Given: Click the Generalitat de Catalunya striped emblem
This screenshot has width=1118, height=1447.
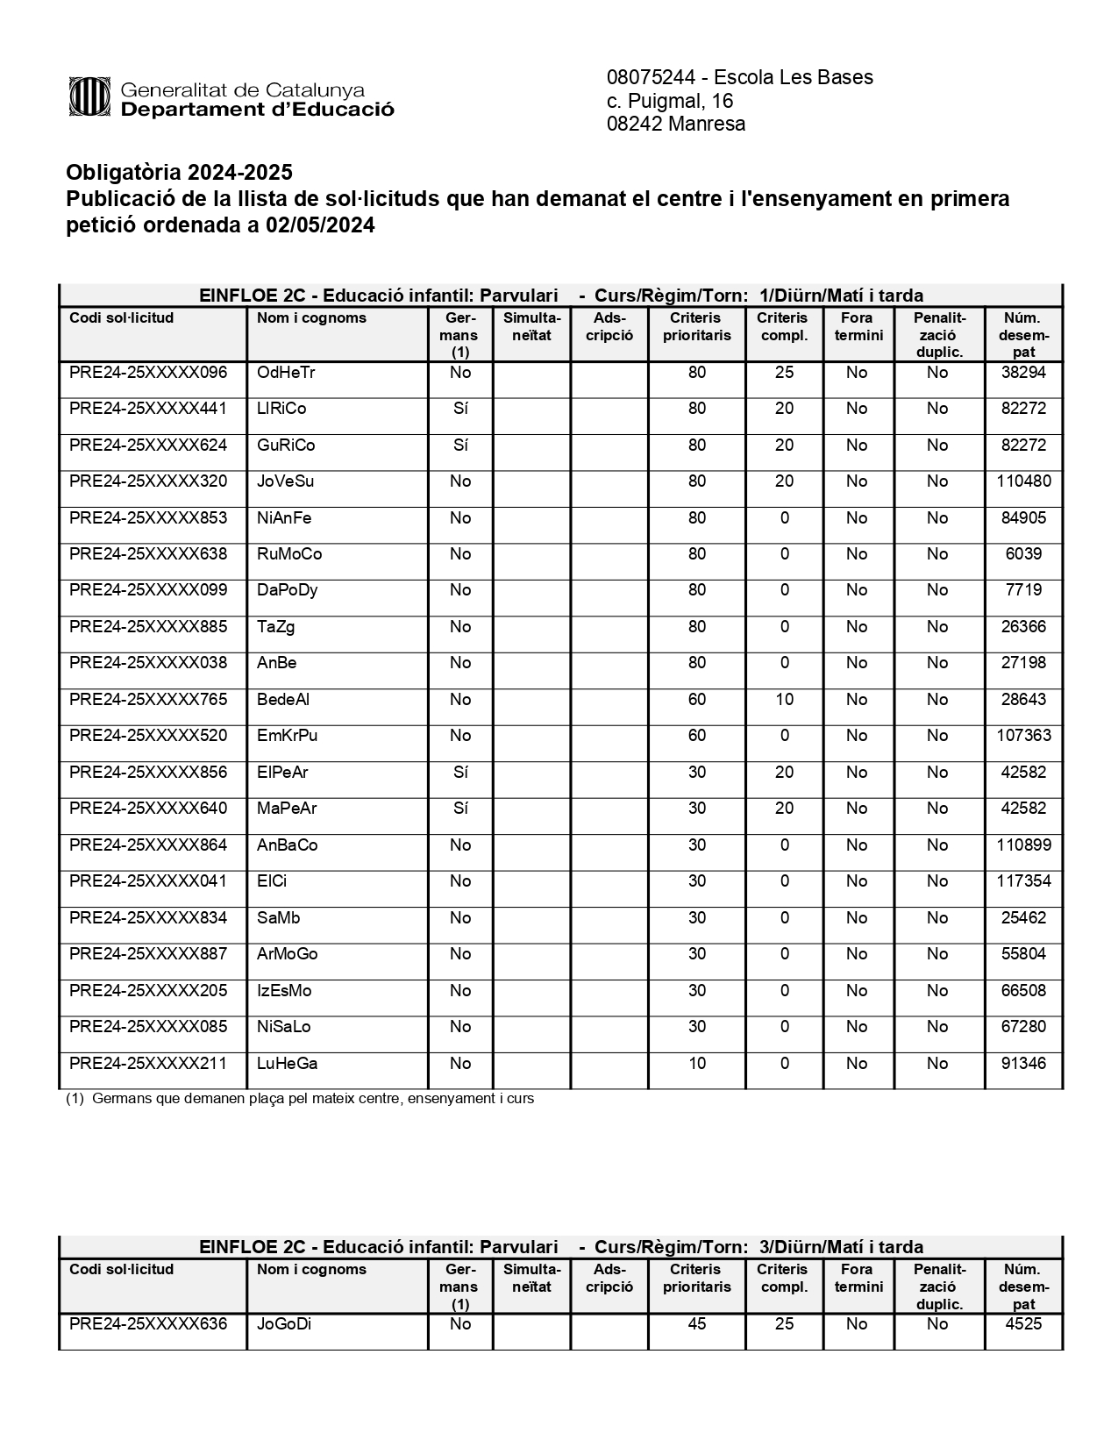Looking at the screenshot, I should (89, 97).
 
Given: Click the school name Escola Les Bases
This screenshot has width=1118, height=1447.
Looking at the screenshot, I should (794, 77).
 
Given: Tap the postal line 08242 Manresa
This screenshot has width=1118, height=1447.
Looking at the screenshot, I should (676, 124).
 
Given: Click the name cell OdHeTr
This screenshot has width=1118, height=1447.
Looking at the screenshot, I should (286, 373).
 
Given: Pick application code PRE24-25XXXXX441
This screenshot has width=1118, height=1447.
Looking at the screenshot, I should (148, 409).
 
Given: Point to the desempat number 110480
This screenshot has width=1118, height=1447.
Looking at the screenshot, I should (1023, 481).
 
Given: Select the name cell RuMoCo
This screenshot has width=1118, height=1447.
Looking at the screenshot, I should (289, 554).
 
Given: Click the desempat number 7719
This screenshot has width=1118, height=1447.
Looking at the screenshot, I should (1023, 590).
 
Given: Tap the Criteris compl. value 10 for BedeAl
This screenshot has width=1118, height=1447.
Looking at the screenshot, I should (784, 700).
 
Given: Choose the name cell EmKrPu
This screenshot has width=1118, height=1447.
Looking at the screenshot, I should (287, 736).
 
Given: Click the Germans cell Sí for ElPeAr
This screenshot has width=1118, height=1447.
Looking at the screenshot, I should (460, 773).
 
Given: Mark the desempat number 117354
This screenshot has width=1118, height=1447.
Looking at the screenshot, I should (1023, 881).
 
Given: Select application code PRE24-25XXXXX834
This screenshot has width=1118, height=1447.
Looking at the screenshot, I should (148, 918).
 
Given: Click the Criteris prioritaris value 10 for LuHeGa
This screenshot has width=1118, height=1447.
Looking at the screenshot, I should (697, 1064).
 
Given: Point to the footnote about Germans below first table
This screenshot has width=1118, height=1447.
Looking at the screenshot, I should (300, 1098).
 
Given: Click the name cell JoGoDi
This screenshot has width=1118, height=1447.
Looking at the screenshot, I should (284, 1324).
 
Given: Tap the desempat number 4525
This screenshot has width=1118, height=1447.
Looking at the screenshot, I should (1023, 1324).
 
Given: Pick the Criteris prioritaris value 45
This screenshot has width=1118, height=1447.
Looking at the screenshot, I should (697, 1324).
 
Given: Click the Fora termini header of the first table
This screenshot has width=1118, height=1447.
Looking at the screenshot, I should (858, 326).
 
